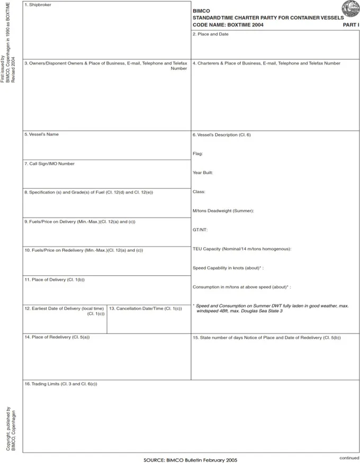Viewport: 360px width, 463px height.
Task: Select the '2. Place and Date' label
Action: click(x=211, y=34)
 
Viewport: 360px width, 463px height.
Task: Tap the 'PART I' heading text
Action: click(x=350, y=25)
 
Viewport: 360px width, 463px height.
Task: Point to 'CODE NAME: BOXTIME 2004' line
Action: click(x=228, y=25)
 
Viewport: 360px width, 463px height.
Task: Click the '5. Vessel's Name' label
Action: click(x=41, y=134)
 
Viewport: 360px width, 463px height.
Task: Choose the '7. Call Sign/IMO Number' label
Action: click(x=49, y=164)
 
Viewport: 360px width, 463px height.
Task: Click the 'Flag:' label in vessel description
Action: click(x=198, y=154)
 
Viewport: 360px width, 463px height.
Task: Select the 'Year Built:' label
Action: click(x=203, y=173)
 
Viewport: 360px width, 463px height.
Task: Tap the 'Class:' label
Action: click(x=199, y=192)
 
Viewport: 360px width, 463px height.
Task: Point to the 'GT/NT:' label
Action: click(x=200, y=230)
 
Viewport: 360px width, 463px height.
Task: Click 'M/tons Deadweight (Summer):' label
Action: click(x=223, y=211)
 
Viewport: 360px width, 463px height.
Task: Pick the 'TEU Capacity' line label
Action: click(x=242, y=249)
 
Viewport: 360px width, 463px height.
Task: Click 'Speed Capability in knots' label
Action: click(x=228, y=268)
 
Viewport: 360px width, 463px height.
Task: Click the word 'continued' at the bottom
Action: click(x=349, y=458)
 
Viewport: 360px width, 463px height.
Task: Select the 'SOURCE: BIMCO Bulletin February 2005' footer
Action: click(x=190, y=460)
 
